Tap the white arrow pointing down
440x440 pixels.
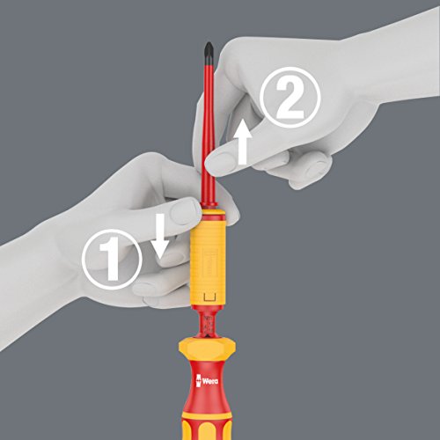(159, 236)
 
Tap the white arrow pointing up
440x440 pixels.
(242, 141)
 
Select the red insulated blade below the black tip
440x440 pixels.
(210, 132)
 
